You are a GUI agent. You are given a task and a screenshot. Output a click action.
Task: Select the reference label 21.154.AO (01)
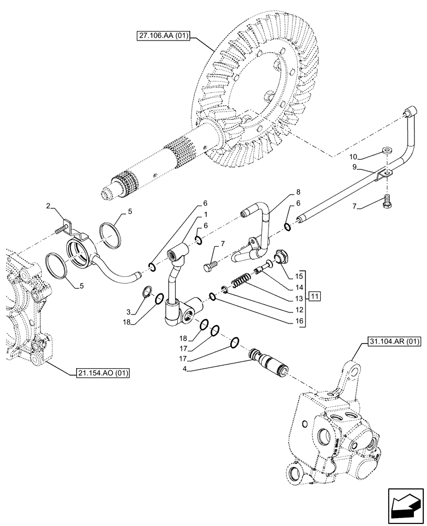[x=100, y=373]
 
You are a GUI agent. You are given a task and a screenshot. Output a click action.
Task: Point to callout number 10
[x=353, y=156]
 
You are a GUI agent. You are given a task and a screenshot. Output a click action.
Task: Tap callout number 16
[x=298, y=320]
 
